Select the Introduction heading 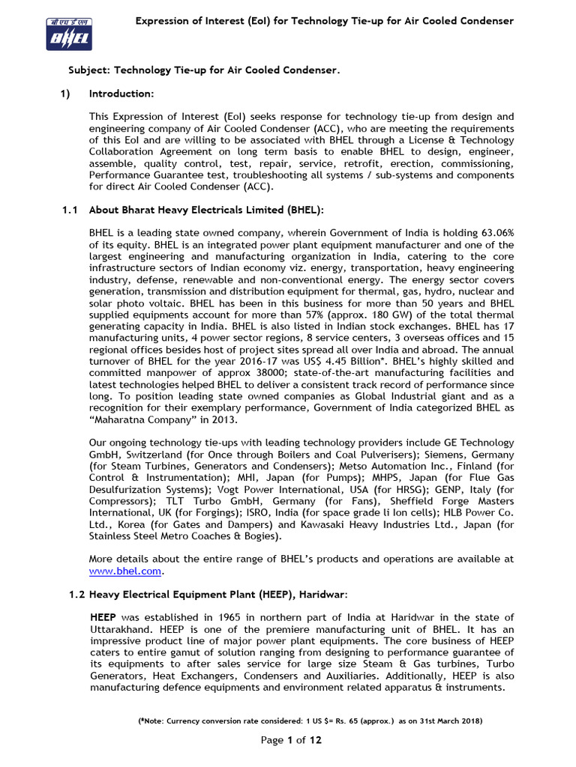point(121,94)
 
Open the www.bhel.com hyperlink point(124,571)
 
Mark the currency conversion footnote point(310,721)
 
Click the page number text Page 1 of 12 point(291,740)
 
